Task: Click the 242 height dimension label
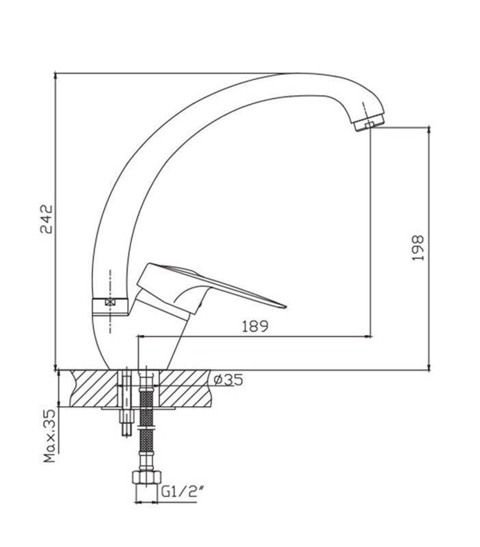[x=46, y=219]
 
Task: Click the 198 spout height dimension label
[x=418, y=248]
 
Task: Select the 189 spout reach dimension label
[x=255, y=326]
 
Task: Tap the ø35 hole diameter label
[x=228, y=379]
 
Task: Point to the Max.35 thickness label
[x=49, y=436]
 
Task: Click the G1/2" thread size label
[x=183, y=492]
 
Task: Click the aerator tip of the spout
[x=369, y=123]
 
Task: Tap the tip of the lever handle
[x=285, y=306]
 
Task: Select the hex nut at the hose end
[x=146, y=477]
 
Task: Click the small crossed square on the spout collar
[x=110, y=302]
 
